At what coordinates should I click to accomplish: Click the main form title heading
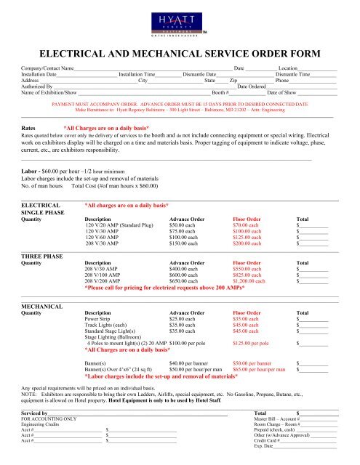[x=180, y=54]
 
